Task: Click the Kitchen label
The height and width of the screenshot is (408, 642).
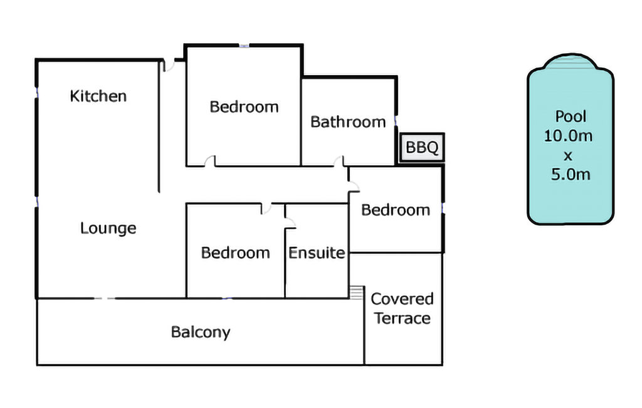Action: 98,96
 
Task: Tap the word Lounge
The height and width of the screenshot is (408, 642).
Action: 108,228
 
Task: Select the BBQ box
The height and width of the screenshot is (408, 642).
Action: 422,147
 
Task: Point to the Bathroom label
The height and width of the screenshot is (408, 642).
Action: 348,122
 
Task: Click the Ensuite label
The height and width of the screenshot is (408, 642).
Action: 317,253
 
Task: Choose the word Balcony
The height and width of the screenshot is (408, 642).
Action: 201,332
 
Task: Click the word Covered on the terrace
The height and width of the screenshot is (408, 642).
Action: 402,299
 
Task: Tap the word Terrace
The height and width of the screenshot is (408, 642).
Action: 403,318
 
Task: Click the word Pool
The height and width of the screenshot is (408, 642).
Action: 571,116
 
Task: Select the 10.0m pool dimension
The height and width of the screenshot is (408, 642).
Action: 568,136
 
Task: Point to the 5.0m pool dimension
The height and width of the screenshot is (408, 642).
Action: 571,175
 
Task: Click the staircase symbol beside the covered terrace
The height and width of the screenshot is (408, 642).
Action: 356,292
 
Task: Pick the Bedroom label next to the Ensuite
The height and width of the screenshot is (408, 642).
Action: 236,253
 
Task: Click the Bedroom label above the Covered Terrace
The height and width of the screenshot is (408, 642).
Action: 396,210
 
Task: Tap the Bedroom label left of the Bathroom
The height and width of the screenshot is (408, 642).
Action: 244,107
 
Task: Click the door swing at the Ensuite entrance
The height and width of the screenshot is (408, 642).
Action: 290,222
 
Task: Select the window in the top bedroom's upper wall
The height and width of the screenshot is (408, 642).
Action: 244,46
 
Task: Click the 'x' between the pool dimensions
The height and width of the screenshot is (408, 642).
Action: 567,156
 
